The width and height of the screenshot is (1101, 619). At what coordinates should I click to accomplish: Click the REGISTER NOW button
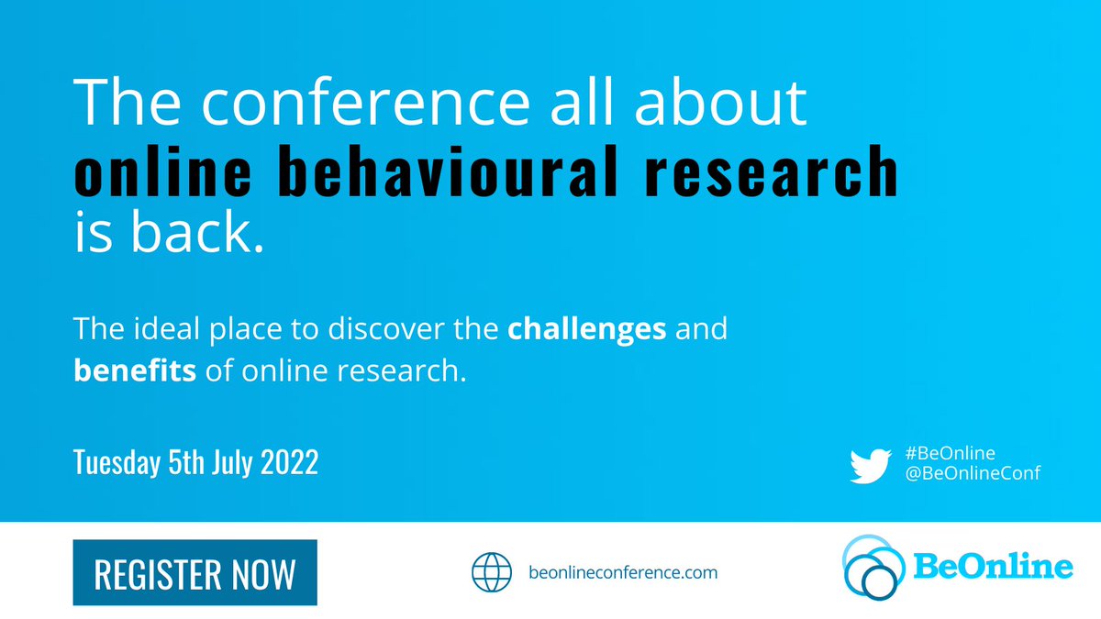click(195, 573)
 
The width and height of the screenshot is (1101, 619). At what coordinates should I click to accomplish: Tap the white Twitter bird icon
click(869, 464)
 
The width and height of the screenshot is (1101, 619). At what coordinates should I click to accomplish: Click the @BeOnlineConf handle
click(970, 473)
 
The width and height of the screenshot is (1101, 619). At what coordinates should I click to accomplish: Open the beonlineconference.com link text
click(624, 573)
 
